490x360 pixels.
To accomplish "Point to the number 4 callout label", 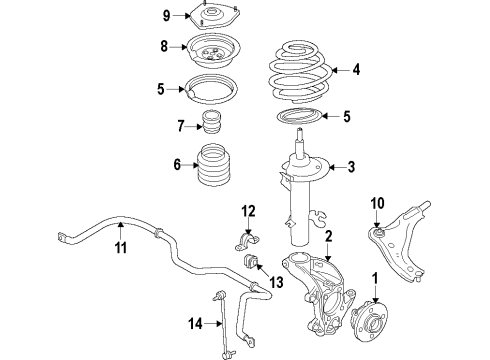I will pos(356,70).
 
